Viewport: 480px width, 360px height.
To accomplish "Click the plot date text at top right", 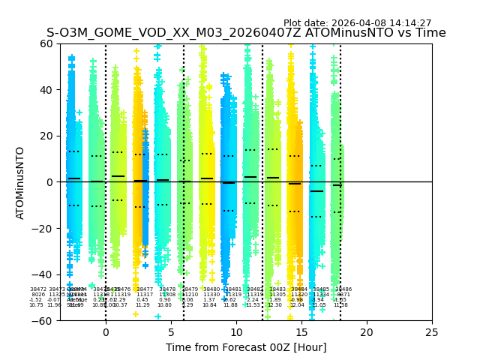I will coord(357,23).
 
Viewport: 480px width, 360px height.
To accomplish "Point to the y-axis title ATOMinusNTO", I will coord(20,182).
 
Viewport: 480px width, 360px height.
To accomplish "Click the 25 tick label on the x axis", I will coord(432,331).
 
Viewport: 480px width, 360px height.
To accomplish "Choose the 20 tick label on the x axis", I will coord(367,331).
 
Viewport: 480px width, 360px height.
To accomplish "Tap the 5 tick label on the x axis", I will coord(171,331).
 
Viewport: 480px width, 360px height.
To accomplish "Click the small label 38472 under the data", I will coord(38,289).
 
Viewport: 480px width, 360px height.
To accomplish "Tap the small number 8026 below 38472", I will coord(38,295).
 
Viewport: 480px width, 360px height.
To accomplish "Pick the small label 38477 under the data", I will coord(145,289).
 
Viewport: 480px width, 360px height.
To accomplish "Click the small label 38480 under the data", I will coord(211,289).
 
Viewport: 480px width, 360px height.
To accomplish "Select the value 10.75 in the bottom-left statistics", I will coord(36,305).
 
